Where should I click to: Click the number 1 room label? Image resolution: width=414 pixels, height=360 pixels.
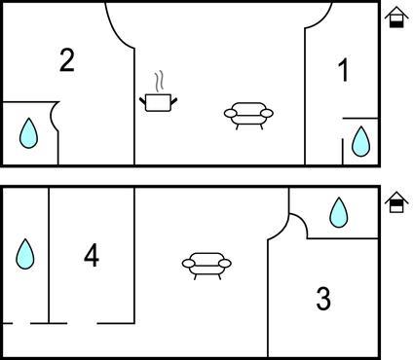point(344,70)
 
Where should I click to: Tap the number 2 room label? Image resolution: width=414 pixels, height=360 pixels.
point(67,60)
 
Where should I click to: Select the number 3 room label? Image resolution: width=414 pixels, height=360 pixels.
point(323,299)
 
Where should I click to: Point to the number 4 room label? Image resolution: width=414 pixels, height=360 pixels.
point(92,256)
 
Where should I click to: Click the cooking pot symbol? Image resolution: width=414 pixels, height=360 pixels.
point(158,102)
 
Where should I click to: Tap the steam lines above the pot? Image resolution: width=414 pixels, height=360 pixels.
point(159,81)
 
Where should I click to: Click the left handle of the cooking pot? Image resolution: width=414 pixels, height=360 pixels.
point(142,101)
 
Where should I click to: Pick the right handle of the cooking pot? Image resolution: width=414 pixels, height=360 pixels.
point(174,101)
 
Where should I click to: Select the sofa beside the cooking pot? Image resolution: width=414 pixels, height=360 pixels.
point(248,116)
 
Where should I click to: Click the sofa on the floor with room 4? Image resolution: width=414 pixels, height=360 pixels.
point(207,266)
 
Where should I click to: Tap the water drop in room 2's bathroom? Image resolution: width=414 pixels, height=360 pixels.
point(28,133)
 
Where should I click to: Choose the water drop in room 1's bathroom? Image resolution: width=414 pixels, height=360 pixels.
point(361,141)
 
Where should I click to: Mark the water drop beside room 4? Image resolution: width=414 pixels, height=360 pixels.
point(25,254)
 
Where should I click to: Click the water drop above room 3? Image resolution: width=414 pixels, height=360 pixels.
point(339,212)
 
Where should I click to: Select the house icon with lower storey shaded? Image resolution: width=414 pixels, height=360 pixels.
point(396,17)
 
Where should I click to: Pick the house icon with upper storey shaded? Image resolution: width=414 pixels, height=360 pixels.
point(396,202)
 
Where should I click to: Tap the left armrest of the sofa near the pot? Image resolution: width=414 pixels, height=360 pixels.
point(231,114)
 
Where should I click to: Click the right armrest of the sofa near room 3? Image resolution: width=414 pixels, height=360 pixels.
point(225,264)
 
